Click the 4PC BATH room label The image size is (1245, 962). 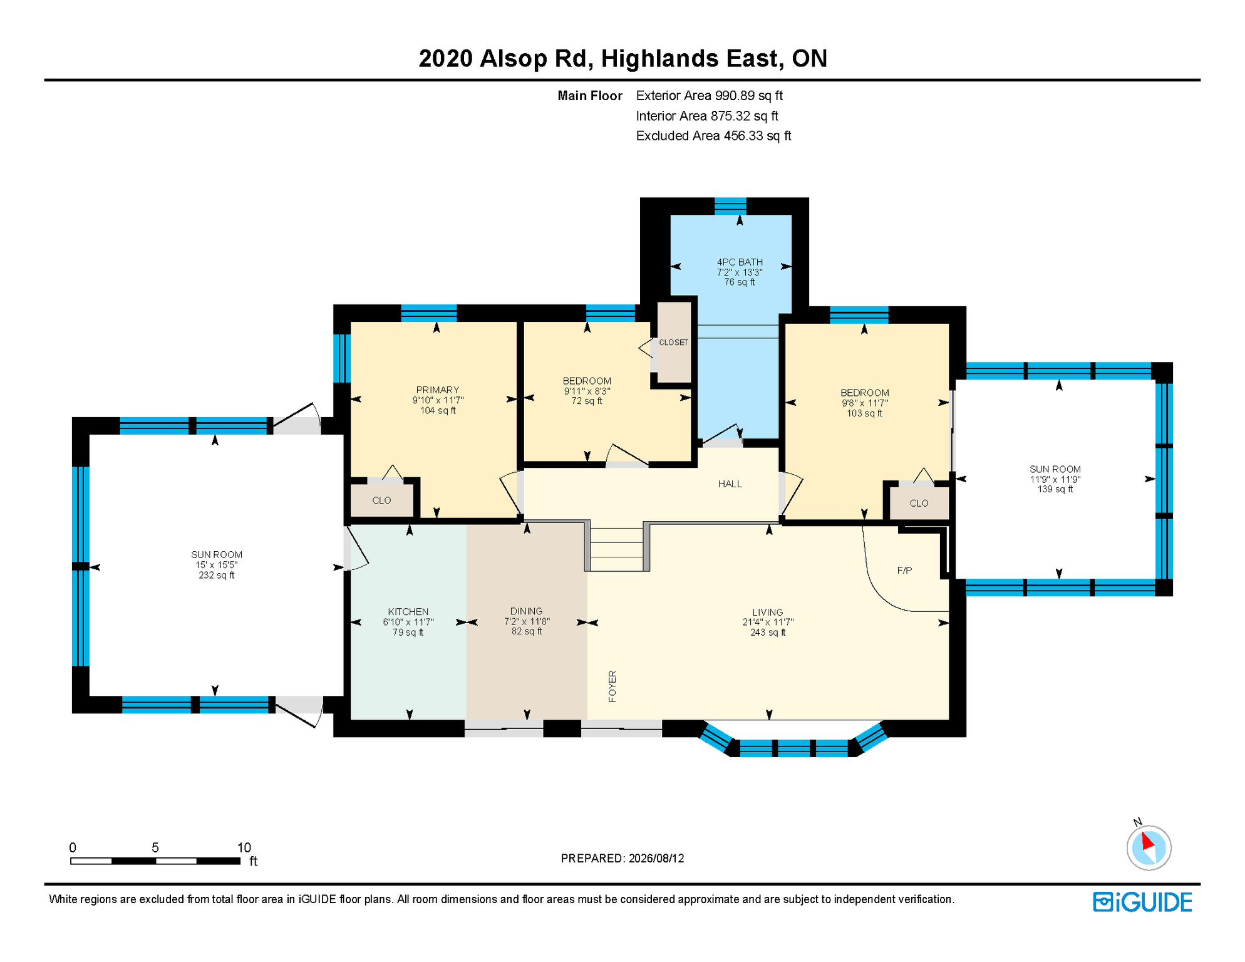pyautogui.click(x=740, y=262)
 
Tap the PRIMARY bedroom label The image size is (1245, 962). pyautogui.click(x=438, y=390)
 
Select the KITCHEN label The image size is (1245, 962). pyautogui.click(x=408, y=612)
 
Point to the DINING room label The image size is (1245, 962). pyautogui.click(x=527, y=611)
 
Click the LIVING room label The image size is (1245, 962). pyautogui.click(x=768, y=613)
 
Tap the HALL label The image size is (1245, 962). pyautogui.click(x=730, y=484)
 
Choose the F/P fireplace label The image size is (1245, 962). pyautogui.click(x=904, y=571)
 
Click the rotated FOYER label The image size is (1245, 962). pyautogui.click(x=612, y=686)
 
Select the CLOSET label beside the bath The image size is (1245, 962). pyautogui.click(x=673, y=343)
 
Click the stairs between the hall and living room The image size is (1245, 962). pyautogui.click(x=617, y=549)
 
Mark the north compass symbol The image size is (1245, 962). pyautogui.click(x=1149, y=847)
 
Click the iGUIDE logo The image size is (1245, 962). pyautogui.click(x=1143, y=902)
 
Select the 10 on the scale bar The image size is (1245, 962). pyautogui.click(x=244, y=847)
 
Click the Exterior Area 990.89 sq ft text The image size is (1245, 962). pyautogui.click(x=710, y=96)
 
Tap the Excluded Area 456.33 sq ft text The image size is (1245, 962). pyautogui.click(x=713, y=136)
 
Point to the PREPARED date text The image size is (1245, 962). pyautogui.click(x=622, y=859)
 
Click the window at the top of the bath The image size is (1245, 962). pyautogui.click(x=730, y=206)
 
